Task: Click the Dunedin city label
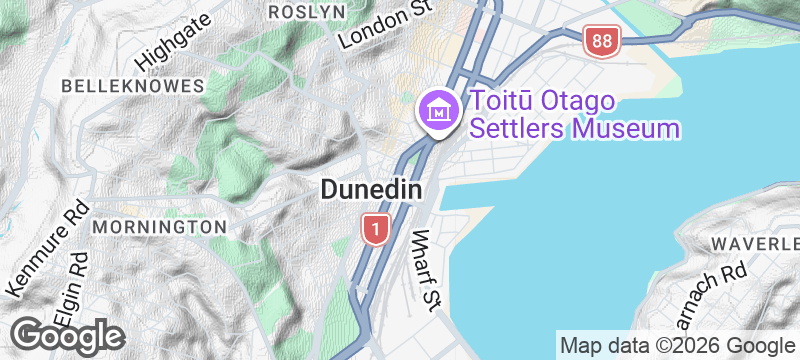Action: [369, 189]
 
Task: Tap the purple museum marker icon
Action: [438, 110]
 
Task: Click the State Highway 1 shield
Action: [375, 230]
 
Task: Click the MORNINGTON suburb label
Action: [159, 227]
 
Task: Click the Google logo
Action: [68, 335]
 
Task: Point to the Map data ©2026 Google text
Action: [676, 346]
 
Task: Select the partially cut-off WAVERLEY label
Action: [755, 244]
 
